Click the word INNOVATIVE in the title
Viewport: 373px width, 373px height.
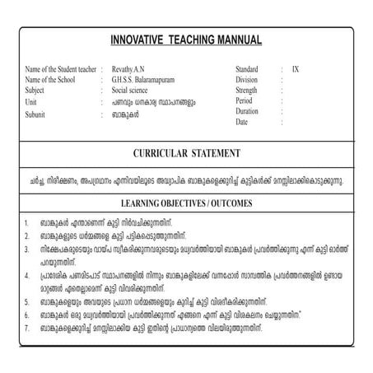[x=138, y=40]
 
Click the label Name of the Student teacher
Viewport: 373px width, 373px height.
[x=60, y=69]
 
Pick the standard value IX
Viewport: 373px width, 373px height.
[x=296, y=69]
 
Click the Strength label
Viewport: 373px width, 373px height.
[x=249, y=91]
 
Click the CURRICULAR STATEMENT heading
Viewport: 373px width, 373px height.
[x=186, y=153]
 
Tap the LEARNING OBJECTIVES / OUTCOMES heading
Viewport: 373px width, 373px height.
[x=186, y=202]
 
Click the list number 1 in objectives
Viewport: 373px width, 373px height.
[x=27, y=222]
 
